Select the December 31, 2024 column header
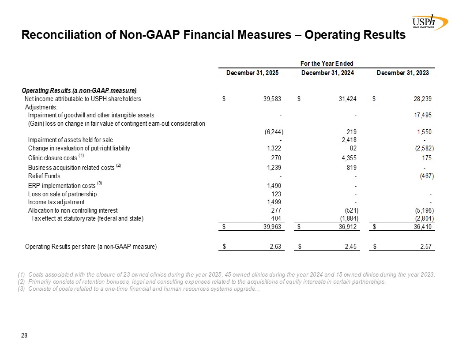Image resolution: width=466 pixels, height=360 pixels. [327, 73]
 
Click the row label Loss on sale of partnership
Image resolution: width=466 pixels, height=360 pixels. [62, 194]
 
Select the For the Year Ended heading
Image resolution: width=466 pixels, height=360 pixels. [327, 64]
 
